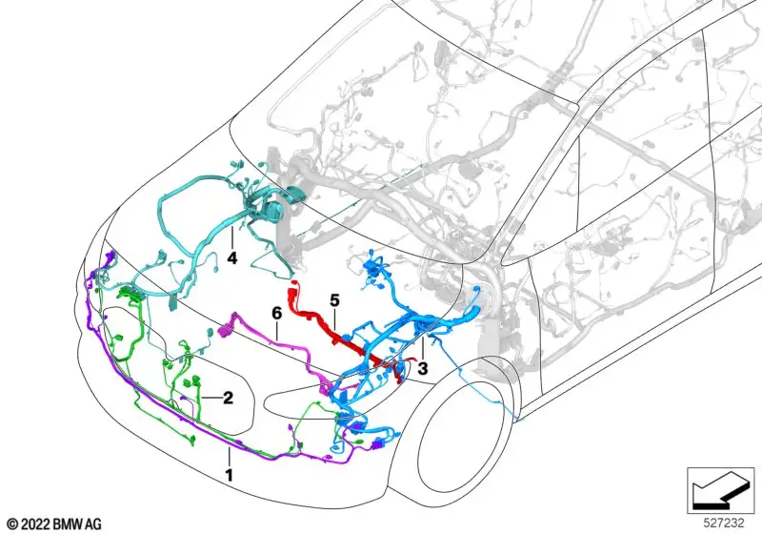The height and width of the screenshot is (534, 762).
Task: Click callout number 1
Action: click(229, 475)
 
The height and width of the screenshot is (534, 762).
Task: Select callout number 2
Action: click(228, 398)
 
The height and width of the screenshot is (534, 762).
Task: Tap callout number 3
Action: click(423, 369)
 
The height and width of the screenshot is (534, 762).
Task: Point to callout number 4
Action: click(232, 258)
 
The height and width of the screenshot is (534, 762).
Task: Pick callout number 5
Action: click(334, 300)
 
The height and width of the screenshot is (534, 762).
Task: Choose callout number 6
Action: click(276, 313)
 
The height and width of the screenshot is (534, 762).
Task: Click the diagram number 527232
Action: click(724, 523)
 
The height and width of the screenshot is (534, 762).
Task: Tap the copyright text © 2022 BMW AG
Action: click(54, 524)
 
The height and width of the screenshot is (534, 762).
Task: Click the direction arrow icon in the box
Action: click(720, 490)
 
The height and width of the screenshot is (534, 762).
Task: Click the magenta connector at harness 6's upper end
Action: click(226, 331)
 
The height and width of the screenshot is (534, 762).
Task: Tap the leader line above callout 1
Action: click(229, 457)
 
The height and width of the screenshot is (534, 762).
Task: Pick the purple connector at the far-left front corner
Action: click(111, 257)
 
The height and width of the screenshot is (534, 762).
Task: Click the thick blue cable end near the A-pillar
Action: click(473, 312)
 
